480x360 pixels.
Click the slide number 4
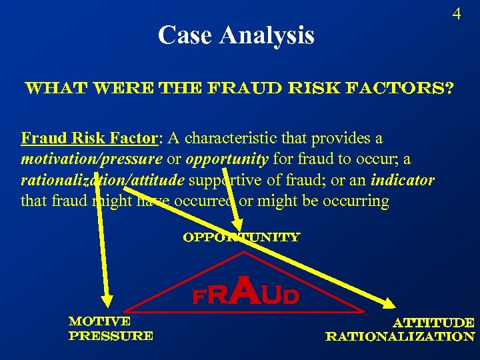[x=457, y=14]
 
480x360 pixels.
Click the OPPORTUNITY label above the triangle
[x=241, y=237]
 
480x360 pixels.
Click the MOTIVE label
[x=99, y=321]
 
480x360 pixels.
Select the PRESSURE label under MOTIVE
[x=111, y=336]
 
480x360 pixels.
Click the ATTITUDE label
[x=435, y=323]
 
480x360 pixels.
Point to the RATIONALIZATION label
[x=400, y=337]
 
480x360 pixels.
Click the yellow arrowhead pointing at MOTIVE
[x=103, y=300]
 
